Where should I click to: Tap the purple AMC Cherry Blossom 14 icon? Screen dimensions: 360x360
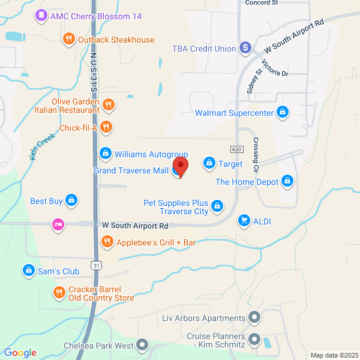click(x=41, y=16)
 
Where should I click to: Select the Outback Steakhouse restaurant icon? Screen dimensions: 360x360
click(x=69, y=40)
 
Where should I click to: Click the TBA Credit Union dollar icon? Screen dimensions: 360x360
click(x=245, y=48)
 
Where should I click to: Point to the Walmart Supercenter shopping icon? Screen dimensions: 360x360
click(x=283, y=112)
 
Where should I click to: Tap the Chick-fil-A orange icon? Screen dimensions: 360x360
click(x=106, y=127)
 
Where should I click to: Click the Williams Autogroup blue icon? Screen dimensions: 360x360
click(x=106, y=154)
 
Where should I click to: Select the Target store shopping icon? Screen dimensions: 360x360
click(x=209, y=163)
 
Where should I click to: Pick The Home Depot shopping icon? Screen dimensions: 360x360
click(x=288, y=181)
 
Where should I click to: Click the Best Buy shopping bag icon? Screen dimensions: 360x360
click(x=71, y=200)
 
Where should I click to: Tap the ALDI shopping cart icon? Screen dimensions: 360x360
click(x=244, y=221)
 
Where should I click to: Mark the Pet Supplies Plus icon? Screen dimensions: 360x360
click(x=217, y=207)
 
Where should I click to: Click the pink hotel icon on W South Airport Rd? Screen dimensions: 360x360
click(x=58, y=225)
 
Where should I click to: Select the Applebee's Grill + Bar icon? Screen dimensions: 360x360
click(x=107, y=242)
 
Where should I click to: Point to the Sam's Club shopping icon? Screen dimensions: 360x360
click(x=28, y=271)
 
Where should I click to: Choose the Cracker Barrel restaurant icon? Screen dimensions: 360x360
click(x=59, y=293)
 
